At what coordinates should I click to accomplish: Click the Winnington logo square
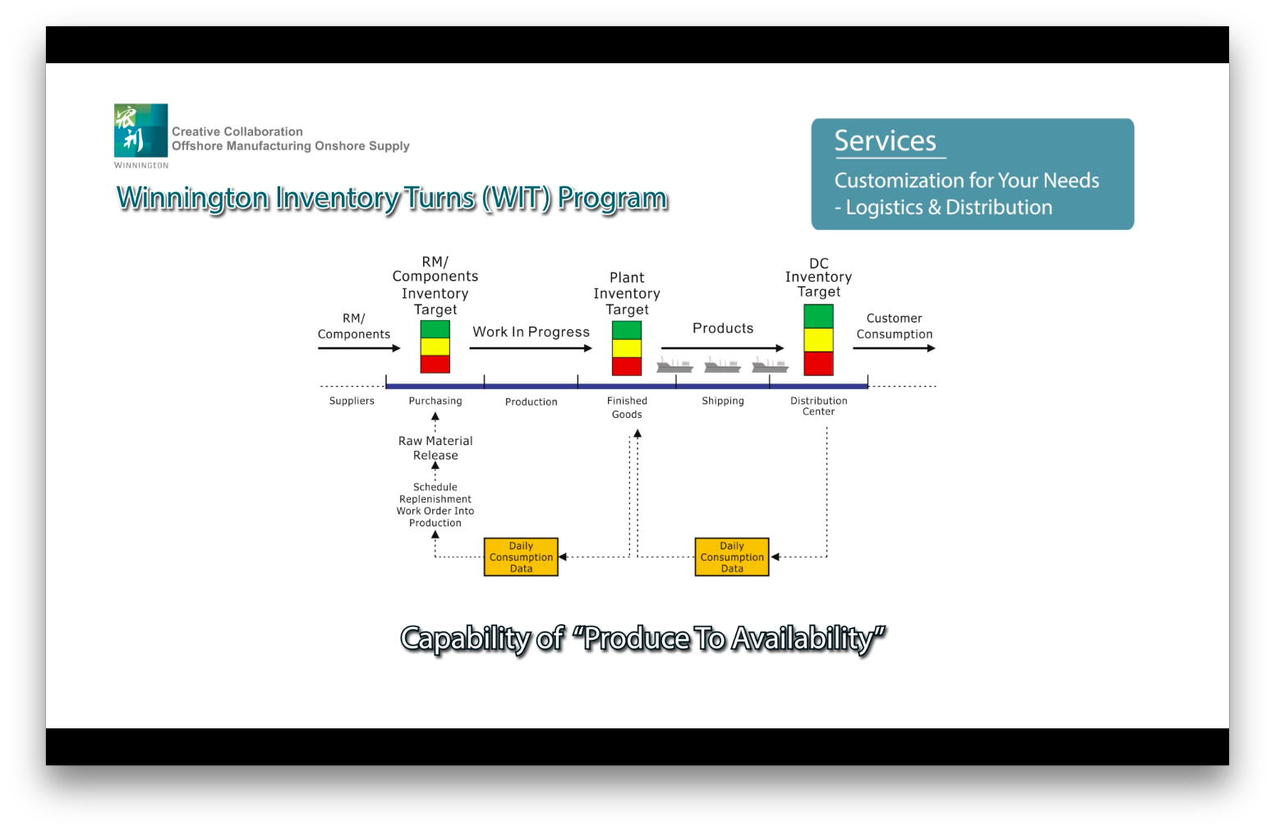point(140,130)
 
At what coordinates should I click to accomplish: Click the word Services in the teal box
point(885,140)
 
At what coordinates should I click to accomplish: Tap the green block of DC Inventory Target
point(818,316)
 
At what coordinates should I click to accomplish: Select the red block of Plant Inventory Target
point(627,366)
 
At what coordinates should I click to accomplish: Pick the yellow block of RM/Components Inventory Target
point(435,347)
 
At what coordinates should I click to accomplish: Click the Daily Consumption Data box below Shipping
point(731,557)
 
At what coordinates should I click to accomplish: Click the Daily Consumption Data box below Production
point(521,557)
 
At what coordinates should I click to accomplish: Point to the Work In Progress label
point(531,332)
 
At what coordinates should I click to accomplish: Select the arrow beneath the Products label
point(722,348)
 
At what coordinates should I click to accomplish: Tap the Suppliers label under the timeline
point(352,401)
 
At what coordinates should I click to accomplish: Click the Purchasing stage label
point(435,401)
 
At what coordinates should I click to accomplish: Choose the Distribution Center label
point(818,406)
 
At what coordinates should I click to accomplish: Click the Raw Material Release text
point(435,448)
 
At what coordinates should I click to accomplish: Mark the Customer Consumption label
point(894,326)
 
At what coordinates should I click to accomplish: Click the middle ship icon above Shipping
point(722,365)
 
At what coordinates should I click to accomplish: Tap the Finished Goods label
point(627,407)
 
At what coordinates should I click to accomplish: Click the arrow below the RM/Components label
point(358,348)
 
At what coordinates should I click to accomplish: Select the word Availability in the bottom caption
point(808,637)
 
